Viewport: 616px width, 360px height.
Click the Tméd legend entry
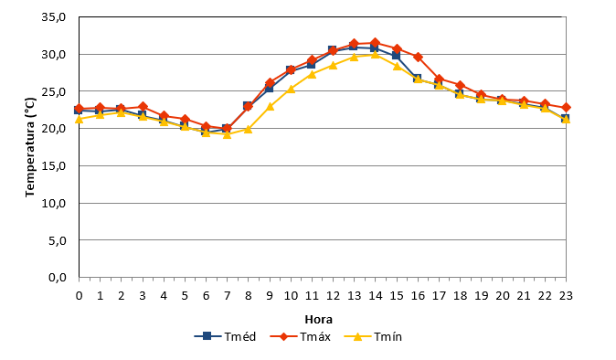point(225,336)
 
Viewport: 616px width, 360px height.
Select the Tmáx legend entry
point(301,336)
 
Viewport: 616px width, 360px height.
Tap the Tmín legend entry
point(373,336)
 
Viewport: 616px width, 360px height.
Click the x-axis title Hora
point(319,320)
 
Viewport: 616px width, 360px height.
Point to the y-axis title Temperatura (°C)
point(30,147)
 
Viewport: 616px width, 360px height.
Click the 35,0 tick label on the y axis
point(53,17)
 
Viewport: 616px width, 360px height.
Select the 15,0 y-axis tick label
point(53,166)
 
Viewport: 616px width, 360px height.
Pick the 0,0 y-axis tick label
point(57,278)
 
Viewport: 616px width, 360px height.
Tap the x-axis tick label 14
point(376,296)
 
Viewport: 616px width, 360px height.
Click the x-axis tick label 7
point(227,296)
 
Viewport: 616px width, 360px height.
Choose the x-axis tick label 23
point(566,296)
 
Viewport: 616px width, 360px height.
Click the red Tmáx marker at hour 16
point(418,57)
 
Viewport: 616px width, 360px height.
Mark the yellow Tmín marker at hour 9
point(270,106)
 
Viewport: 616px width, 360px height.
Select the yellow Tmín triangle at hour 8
point(248,129)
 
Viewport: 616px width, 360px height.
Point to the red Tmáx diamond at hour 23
point(566,108)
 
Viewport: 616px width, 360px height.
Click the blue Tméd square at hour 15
point(397,56)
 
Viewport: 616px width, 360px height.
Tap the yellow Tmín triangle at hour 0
point(79,119)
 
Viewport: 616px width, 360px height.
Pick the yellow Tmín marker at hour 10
point(291,89)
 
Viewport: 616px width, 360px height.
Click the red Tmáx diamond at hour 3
point(143,106)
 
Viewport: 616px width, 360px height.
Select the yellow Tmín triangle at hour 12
point(334,65)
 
